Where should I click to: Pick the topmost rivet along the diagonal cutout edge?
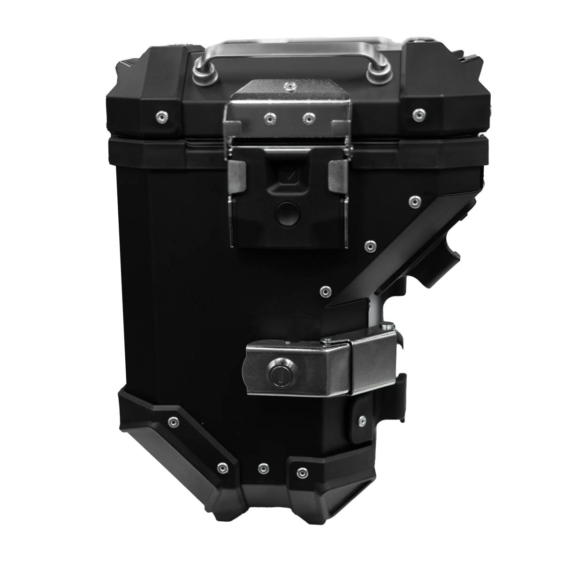pyautogui.click(x=414, y=202)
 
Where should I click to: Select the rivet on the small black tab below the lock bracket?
pyautogui.click(x=362, y=420)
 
